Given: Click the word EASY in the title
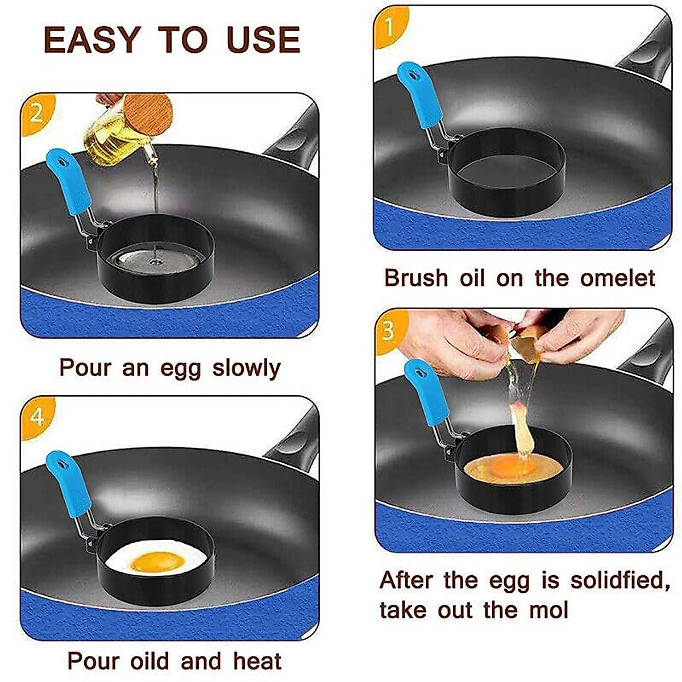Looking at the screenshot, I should click(92, 40).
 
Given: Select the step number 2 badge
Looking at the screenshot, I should click(35, 114).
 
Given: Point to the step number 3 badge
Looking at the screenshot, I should click(389, 330).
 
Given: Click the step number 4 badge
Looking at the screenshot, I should click(36, 417).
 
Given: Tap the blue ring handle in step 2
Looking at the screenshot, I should click(68, 181).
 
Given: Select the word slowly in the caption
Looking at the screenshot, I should click(247, 368).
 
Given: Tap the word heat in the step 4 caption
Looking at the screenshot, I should click(257, 662).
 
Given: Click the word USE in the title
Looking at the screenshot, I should click(263, 40).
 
